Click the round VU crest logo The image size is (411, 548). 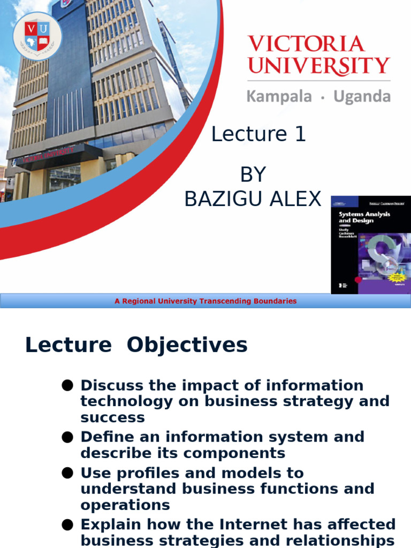click(x=37, y=36)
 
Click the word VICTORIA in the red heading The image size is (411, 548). click(x=306, y=44)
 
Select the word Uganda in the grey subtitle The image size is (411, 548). click(x=362, y=97)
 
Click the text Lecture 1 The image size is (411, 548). click(x=258, y=134)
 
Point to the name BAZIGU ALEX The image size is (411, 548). click(x=253, y=199)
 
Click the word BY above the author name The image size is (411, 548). click(x=253, y=174)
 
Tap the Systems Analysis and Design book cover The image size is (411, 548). click(x=370, y=245)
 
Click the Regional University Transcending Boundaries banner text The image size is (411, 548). click(x=205, y=301)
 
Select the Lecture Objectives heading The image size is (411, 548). click(x=136, y=345)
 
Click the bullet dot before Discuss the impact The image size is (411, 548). click(x=67, y=385)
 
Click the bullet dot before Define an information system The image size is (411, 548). click(x=67, y=437)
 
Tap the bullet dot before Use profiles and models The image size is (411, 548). click(x=67, y=473)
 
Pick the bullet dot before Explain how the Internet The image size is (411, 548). click(x=67, y=524)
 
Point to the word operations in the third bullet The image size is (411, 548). click(x=125, y=505)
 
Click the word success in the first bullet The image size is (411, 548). click(x=112, y=417)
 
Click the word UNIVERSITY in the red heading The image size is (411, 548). click(x=319, y=66)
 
